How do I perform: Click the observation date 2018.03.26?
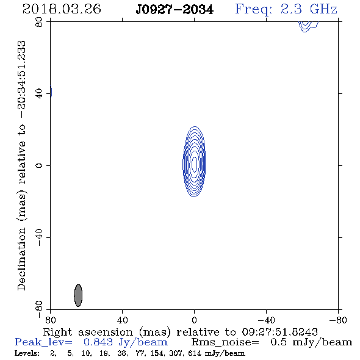pyautogui.click(x=62, y=9)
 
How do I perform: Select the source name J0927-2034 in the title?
pyautogui.click(x=175, y=9)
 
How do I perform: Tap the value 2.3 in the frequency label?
pyautogui.click(x=291, y=9)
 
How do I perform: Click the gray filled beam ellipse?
pyautogui.click(x=78, y=295)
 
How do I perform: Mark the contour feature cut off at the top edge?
pyautogui.click(x=308, y=26)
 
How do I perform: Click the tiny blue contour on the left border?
pyautogui.click(x=51, y=92)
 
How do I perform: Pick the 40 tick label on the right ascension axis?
pyautogui.click(x=122, y=320)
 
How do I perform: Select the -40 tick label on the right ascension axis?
pyautogui.click(x=266, y=320)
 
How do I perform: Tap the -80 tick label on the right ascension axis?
pyautogui.click(x=338, y=320)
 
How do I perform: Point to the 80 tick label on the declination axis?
pyautogui.click(x=39, y=22)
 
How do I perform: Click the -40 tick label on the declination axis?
pyautogui.click(x=39, y=237)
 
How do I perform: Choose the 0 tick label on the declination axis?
pyautogui.click(x=39, y=165)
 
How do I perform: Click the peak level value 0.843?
pyautogui.click(x=98, y=342)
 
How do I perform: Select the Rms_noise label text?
pyautogui.click(x=225, y=342)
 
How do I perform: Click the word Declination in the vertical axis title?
pyautogui.click(x=21, y=259)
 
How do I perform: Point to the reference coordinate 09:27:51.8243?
pyautogui.click(x=279, y=332)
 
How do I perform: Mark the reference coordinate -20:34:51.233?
pyautogui.click(x=21, y=79)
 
